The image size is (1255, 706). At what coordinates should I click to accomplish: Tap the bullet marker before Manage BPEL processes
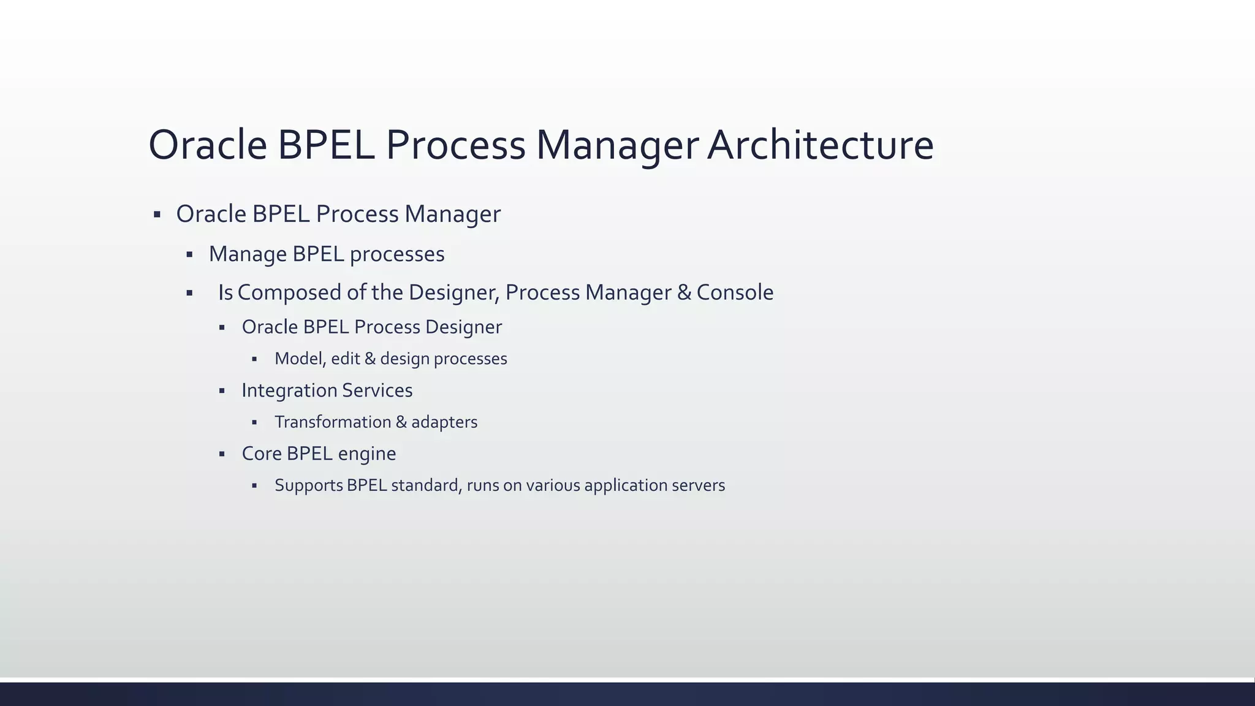pos(189,254)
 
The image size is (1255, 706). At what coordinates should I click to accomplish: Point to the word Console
pos(735,293)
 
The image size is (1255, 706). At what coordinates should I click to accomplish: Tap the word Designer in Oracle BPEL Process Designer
pos(463,327)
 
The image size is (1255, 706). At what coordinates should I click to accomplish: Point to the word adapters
pos(444,422)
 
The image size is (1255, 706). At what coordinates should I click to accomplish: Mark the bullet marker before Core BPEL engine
pos(222,454)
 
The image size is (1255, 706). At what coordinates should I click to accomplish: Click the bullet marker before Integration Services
pos(222,390)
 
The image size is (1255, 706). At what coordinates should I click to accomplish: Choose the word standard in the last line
pos(426,485)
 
